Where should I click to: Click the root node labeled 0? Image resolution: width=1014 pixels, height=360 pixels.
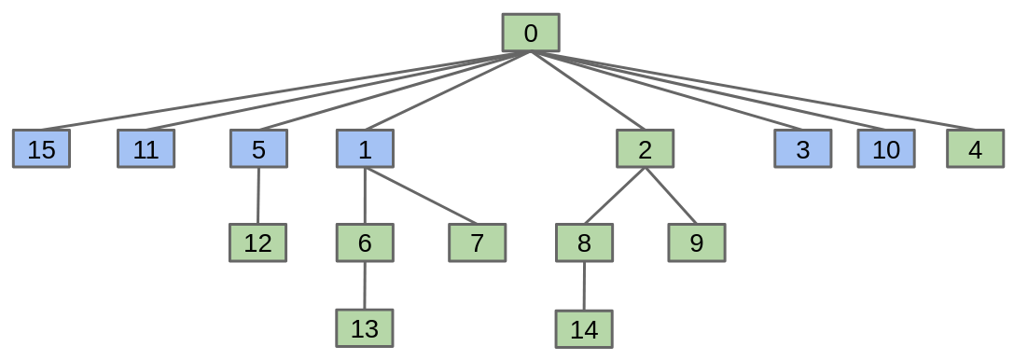pyautogui.click(x=531, y=33)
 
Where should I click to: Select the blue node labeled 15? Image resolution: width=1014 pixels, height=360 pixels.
pyautogui.click(x=41, y=149)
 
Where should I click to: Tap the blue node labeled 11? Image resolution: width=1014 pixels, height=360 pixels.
pyautogui.click(x=146, y=149)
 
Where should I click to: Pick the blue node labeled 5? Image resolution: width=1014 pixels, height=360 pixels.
pyautogui.click(x=258, y=149)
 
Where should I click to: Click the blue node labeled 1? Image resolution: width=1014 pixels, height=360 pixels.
pyautogui.click(x=365, y=149)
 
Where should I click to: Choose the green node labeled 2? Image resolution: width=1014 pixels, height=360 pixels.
pyautogui.click(x=646, y=149)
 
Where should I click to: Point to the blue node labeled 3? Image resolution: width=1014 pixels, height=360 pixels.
pyautogui.click(x=802, y=149)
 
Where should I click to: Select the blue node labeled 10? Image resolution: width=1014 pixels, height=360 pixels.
pyautogui.click(x=886, y=149)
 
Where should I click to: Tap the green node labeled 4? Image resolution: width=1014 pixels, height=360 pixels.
pyautogui.click(x=975, y=149)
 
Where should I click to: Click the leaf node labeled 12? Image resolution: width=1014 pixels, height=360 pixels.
pyautogui.click(x=257, y=243)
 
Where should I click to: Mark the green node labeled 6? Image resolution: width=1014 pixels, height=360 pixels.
pyautogui.click(x=365, y=243)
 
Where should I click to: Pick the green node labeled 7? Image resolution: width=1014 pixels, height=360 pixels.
pyautogui.click(x=477, y=243)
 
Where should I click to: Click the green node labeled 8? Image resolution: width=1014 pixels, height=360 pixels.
pyautogui.click(x=584, y=243)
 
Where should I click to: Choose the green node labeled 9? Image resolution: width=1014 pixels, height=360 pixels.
pyautogui.click(x=697, y=243)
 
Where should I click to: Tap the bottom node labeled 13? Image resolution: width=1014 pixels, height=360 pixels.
pyautogui.click(x=365, y=327)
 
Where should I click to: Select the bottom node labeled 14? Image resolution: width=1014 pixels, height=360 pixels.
pyautogui.click(x=584, y=328)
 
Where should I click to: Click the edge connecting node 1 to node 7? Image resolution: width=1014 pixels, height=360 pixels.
pyautogui.click(x=421, y=196)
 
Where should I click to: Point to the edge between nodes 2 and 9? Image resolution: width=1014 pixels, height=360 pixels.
pyautogui.click(x=671, y=196)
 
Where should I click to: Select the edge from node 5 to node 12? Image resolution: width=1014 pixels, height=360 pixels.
pyautogui.click(x=258, y=196)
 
